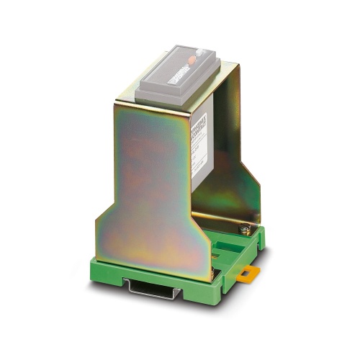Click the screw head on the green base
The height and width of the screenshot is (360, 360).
pyautogui.click(x=245, y=230)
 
